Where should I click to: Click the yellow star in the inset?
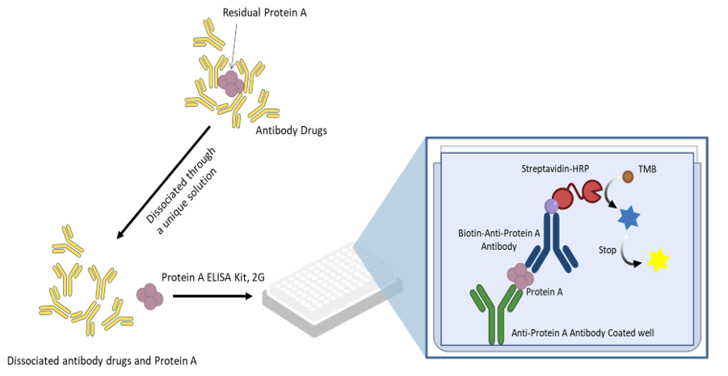click(659, 260)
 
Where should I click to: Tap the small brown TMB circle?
click(629, 175)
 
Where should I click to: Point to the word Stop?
click(608, 251)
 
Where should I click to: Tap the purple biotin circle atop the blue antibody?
click(551, 206)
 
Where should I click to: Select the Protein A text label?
click(544, 292)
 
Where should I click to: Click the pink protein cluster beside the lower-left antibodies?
click(149, 294)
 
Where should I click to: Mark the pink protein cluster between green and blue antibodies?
click(520, 277)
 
